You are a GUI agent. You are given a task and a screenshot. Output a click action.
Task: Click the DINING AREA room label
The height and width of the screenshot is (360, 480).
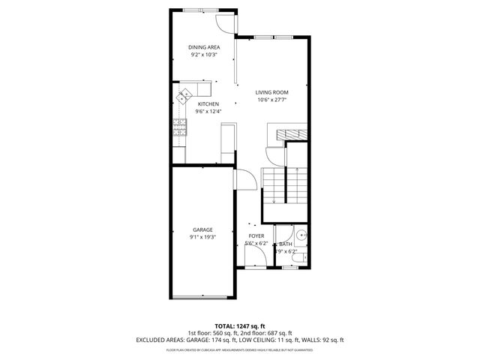coord(204,47)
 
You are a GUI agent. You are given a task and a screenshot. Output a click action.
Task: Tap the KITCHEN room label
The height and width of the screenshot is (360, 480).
coord(208,104)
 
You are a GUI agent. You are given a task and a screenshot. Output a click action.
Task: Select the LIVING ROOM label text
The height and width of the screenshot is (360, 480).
coord(271,92)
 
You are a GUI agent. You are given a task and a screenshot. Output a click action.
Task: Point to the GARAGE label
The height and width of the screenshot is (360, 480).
coord(202,229)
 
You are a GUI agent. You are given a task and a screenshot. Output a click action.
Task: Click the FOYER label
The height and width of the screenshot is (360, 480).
coord(256,236)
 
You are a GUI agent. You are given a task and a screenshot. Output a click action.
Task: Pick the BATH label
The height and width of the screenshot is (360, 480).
coord(286,244)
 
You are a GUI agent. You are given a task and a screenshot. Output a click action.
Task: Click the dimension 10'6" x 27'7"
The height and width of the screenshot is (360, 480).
coord(271,100)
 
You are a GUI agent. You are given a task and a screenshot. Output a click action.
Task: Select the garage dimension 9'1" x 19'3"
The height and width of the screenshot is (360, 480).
coord(202,237)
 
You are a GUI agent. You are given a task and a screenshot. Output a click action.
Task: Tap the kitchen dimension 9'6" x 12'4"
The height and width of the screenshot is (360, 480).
coord(208,112)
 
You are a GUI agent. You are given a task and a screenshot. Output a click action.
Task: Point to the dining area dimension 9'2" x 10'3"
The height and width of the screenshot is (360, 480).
coord(204,55)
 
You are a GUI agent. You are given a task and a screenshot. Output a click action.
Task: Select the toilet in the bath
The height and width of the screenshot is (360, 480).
coord(298,260)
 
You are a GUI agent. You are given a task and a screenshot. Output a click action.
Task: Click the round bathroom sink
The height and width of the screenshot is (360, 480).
coord(301,235)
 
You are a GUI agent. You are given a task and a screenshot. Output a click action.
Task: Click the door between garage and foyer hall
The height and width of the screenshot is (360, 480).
coord(241,179)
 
